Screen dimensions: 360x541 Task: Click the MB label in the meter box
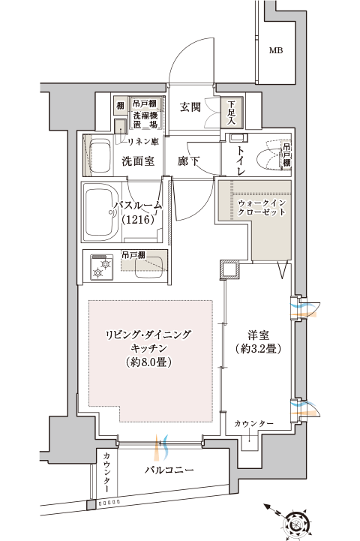[276, 50]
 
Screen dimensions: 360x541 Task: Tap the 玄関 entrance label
[190, 107]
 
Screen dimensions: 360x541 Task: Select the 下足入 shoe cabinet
[232, 112]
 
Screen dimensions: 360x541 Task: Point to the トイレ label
[241, 161]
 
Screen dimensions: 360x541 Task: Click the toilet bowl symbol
[270, 160]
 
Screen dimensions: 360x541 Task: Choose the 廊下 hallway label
[188, 161]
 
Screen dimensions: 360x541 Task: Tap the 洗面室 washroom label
[138, 161]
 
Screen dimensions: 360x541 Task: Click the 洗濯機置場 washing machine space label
[145, 120]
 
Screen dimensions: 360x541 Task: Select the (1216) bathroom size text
[137, 219]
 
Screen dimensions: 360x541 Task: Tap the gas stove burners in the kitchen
[102, 266]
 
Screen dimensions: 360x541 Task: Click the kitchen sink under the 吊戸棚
[150, 267]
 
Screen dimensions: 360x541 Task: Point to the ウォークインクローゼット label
[262, 207]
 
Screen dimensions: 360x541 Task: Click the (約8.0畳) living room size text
[149, 362]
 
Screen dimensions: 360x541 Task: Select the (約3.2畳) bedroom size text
[258, 349]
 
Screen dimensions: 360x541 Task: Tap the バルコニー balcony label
[169, 470]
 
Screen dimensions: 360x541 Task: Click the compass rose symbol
[296, 524]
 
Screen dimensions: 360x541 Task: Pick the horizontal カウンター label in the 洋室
[253, 423]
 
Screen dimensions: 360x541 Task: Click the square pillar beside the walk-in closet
[229, 269]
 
